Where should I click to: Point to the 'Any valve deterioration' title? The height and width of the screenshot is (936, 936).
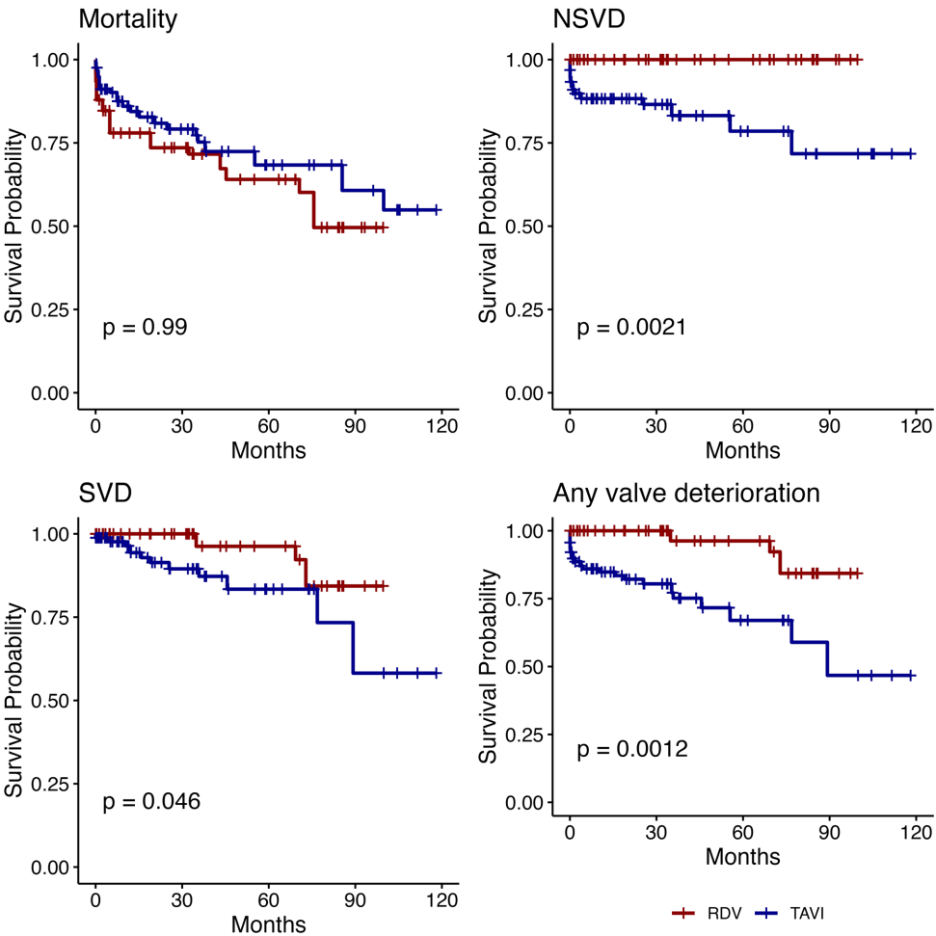tap(686, 494)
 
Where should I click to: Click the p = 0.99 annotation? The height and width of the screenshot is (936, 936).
tap(145, 328)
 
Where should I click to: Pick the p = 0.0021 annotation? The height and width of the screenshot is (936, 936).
tap(631, 328)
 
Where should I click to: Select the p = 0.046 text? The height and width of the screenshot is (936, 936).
tap(151, 801)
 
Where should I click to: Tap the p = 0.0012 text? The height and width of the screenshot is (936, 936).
tap(631, 749)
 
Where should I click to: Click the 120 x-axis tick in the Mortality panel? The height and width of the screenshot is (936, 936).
tap(441, 426)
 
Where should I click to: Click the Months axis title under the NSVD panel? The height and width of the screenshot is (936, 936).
tap(742, 450)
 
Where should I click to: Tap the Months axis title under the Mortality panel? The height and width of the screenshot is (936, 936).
tap(268, 450)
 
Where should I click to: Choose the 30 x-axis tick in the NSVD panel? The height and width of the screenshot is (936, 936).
tap(655, 426)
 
